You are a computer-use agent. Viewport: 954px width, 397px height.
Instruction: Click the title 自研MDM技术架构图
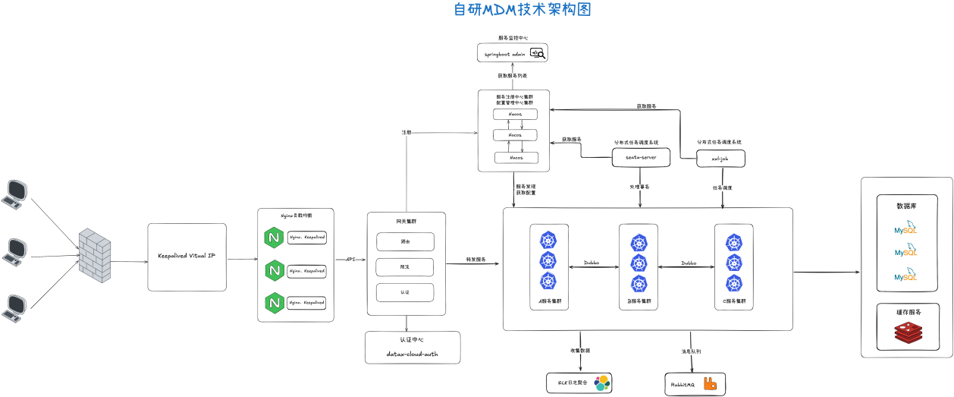pyautogui.click(x=521, y=10)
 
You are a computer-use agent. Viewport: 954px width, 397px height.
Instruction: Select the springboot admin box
pyautogui.click(x=512, y=53)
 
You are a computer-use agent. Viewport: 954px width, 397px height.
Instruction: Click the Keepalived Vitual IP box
pyautogui.click(x=187, y=257)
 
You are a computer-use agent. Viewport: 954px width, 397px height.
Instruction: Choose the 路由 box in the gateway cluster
pyautogui.click(x=405, y=241)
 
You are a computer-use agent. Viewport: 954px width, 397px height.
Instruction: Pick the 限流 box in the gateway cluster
pyautogui.click(x=405, y=267)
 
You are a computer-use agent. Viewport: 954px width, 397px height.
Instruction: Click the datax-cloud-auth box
pyautogui.click(x=413, y=348)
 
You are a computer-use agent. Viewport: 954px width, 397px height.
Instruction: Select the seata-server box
pyautogui.click(x=641, y=157)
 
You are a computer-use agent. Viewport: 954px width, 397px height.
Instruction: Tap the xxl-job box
pyautogui.click(x=721, y=158)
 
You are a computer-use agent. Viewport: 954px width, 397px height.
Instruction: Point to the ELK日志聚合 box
pyautogui.click(x=579, y=383)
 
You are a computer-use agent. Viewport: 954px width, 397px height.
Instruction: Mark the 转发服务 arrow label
pyautogui.click(x=476, y=260)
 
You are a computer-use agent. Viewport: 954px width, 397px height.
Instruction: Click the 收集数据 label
pyautogui.click(x=580, y=351)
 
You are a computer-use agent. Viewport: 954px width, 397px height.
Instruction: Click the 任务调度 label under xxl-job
pyautogui.click(x=722, y=187)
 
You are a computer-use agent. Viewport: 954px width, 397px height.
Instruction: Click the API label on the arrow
pyautogui.click(x=350, y=260)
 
